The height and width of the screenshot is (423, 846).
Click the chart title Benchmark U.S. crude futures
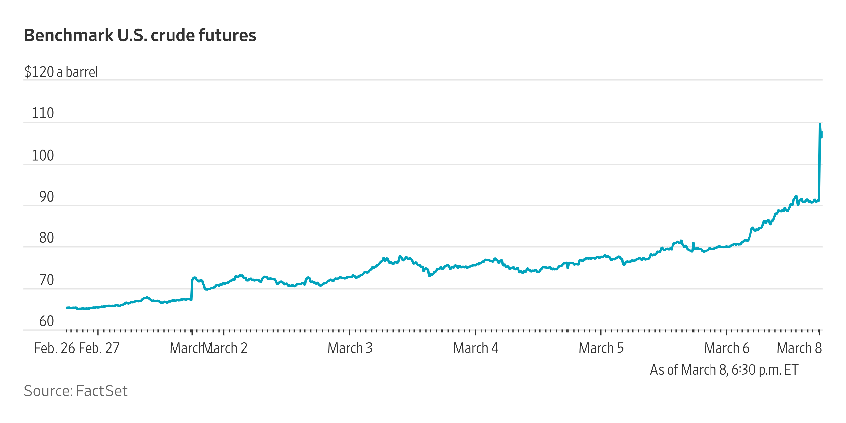pos(140,35)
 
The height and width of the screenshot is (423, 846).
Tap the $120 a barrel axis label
pos(61,72)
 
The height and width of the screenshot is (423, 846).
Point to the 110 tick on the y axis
pos(43,113)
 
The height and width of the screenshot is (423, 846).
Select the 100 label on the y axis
pos(43,155)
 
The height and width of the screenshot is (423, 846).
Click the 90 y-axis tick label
pos(46,197)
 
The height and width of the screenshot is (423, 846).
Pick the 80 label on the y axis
pos(46,238)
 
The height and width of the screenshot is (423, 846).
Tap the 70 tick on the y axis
pos(46,280)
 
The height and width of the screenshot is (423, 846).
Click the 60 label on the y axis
pos(46,321)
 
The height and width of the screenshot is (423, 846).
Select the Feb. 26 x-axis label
pos(55,348)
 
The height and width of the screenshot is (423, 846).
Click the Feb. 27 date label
pos(99,348)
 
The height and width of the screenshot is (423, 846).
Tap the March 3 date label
pos(350,348)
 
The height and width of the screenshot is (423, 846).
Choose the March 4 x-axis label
pos(476,348)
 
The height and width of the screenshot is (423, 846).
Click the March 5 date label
pos(601,348)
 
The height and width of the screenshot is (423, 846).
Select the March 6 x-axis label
pos(726,348)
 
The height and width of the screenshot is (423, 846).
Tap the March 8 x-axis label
pos(799,348)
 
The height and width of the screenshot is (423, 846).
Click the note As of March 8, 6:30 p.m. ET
pos(724,370)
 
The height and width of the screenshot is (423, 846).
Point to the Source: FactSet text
pos(76,391)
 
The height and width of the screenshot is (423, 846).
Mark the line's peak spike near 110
pos(820,125)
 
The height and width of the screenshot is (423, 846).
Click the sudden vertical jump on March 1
pos(192,289)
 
